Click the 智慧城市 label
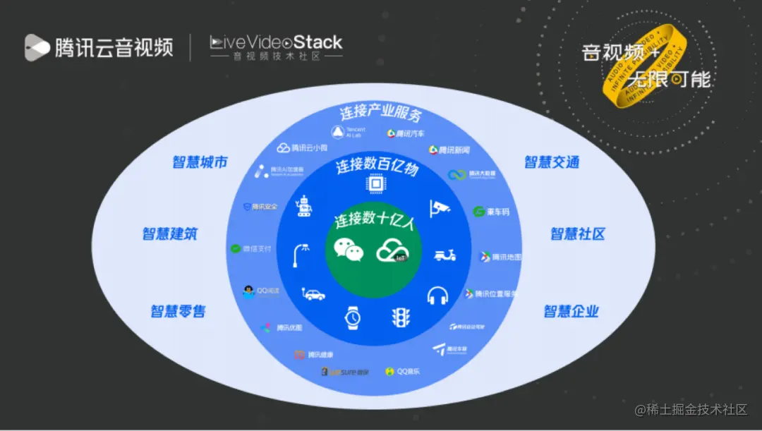tap(200, 162)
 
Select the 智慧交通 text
tap(551, 162)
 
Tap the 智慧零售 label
tap(178, 310)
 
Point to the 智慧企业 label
tap(571, 310)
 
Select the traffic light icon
tap(401, 317)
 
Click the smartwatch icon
tap(352, 318)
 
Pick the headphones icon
tap(437, 295)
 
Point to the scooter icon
tap(445, 255)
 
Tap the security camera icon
tap(440, 207)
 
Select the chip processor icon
tap(375, 185)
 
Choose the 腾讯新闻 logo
tap(449, 150)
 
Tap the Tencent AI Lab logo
tap(349, 132)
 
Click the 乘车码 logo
tap(491, 212)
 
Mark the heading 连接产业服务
tap(380, 113)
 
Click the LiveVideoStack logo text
tap(276, 42)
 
